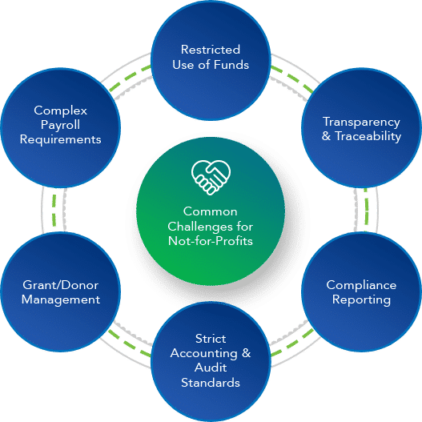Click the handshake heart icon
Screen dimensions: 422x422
point(211,177)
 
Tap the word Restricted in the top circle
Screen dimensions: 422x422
point(211,50)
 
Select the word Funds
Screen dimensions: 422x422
point(231,65)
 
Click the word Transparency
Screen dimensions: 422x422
point(361,123)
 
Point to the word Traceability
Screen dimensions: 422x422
point(368,136)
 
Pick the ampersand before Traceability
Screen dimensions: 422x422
point(326,136)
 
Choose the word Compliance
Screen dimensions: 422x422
point(361,285)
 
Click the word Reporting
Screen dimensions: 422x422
point(361,299)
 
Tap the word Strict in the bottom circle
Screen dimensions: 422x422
point(211,339)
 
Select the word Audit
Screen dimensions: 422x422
point(211,368)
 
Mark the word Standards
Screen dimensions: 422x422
point(211,383)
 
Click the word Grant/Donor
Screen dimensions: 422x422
point(61,285)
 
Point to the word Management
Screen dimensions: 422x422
point(61,299)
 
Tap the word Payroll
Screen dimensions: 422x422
point(60,125)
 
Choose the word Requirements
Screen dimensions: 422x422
point(61,139)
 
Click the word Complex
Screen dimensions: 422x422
point(61,111)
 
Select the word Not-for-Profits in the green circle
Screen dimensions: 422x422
point(211,241)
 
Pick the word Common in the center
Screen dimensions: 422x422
point(211,211)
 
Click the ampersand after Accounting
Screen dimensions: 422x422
point(247,353)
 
